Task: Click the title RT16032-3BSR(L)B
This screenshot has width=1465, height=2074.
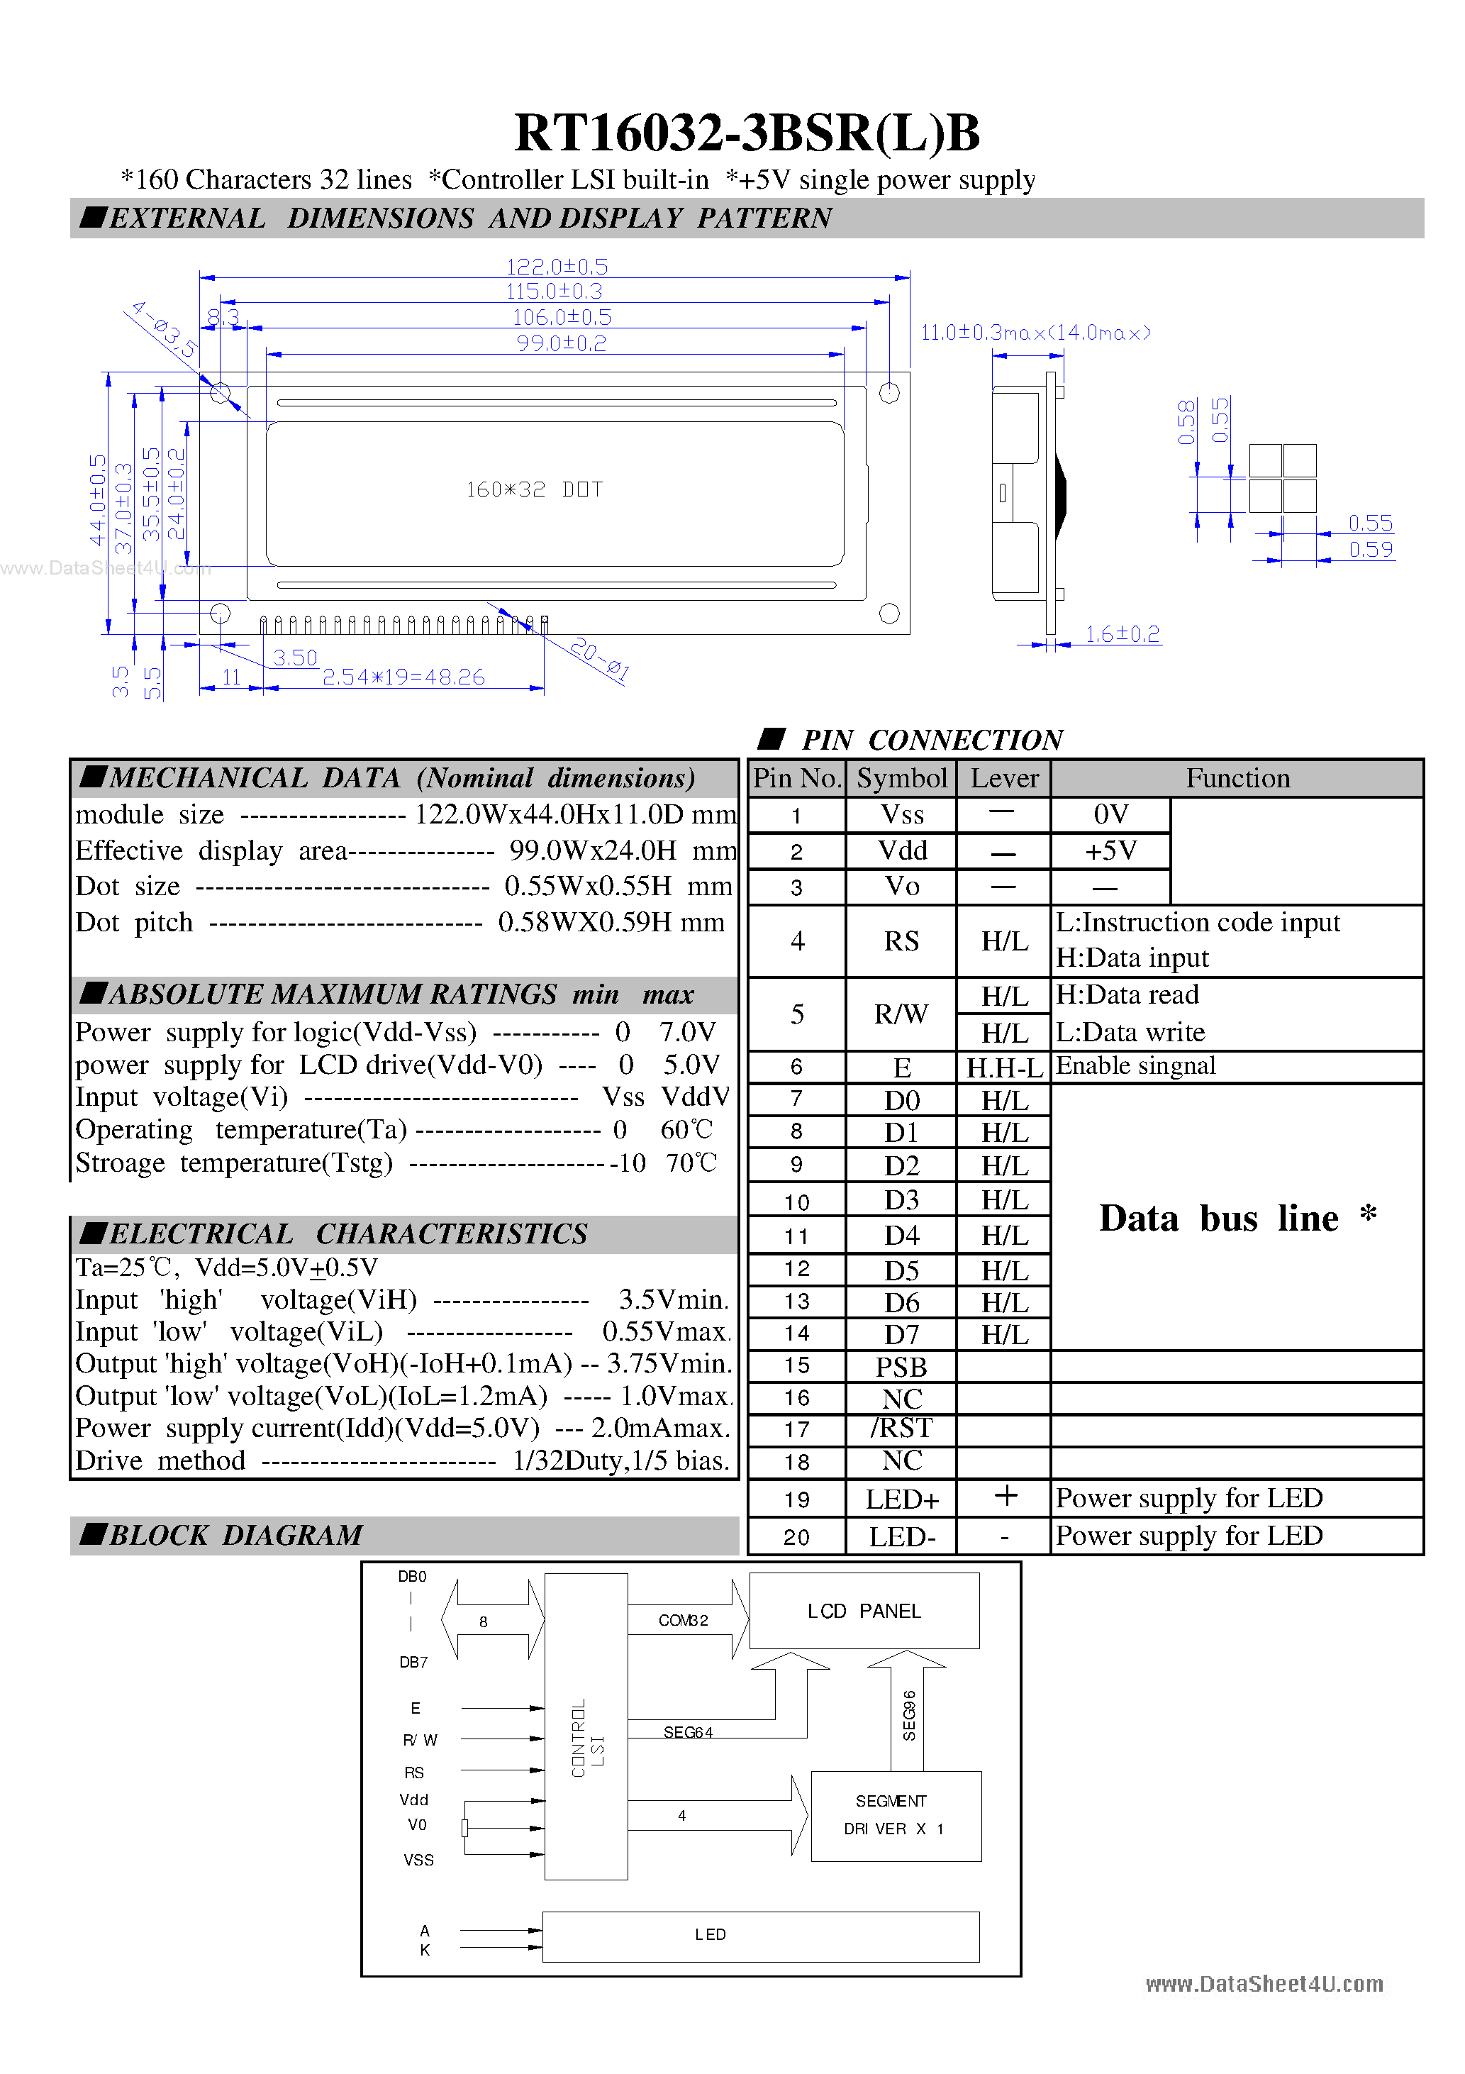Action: (746, 133)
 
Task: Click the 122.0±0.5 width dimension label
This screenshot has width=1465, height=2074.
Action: (557, 267)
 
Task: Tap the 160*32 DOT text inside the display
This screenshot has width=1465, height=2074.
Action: (534, 489)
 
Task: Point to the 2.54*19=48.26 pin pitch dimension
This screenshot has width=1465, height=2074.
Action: (403, 677)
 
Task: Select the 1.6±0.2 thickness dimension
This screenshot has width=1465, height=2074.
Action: (1122, 634)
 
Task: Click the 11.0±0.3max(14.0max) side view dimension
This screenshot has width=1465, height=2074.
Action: (1035, 333)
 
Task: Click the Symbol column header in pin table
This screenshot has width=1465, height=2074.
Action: (901, 777)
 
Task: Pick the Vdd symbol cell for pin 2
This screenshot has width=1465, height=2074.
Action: (902, 850)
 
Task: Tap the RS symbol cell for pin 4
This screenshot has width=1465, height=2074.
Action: (901, 941)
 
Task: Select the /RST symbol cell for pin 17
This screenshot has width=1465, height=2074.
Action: (901, 1428)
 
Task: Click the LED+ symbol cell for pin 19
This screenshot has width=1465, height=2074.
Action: (901, 1499)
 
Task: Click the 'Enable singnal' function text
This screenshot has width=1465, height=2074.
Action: (1135, 1066)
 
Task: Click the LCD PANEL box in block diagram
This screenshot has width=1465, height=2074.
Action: (864, 1611)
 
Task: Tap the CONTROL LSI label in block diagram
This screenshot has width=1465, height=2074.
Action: (587, 1738)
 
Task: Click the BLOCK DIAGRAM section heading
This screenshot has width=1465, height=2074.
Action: (235, 1535)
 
